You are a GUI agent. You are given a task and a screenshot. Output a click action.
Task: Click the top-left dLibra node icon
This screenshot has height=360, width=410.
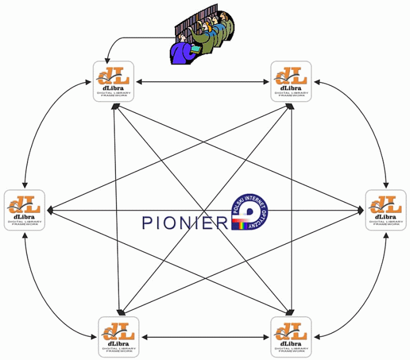click(x=114, y=81)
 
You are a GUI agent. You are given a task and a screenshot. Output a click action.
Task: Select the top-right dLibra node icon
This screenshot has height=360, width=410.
click(x=291, y=81)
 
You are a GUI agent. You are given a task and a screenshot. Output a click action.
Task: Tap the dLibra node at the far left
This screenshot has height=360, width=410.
click(x=25, y=210)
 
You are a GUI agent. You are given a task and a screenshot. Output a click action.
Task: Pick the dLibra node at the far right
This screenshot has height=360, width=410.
click(x=386, y=210)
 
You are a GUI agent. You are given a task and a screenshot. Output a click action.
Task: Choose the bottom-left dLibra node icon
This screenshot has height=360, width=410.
click(x=118, y=337)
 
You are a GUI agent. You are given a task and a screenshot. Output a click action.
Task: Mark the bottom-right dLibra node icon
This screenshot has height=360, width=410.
click(x=291, y=337)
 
